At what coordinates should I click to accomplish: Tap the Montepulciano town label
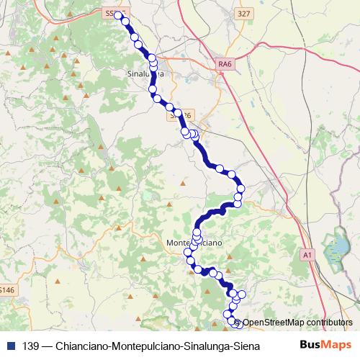pyautogui.click(x=193, y=243)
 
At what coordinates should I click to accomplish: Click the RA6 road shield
pyautogui.click(x=225, y=65)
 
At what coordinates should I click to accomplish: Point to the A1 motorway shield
pyautogui.click(x=307, y=255)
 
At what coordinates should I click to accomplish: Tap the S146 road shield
pyautogui.click(x=6, y=290)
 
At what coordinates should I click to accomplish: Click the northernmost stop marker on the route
pyautogui.click(x=119, y=15)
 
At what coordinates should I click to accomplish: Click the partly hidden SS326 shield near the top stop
pyautogui.click(x=111, y=13)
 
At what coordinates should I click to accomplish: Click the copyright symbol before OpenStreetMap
pyautogui.click(x=238, y=323)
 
